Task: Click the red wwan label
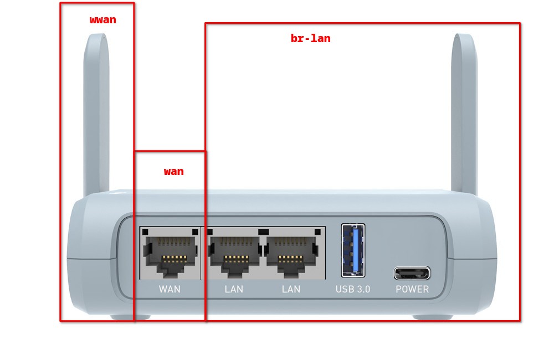click(103, 20)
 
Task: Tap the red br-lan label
click(310, 39)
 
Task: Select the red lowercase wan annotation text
click(173, 172)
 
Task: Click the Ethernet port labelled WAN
click(170, 254)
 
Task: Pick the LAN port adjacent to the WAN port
click(234, 254)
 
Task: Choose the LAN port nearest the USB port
click(292, 254)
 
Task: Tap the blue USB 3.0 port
click(353, 250)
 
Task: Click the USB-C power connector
click(412, 273)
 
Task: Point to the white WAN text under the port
click(170, 289)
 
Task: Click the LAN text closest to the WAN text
click(234, 289)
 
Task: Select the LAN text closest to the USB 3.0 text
click(291, 289)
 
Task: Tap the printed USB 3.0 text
click(353, 289)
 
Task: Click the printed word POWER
click(412, 289)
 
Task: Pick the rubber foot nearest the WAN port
click(130, 317)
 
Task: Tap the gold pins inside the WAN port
click(175, 258)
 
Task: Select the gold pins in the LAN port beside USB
click(290, 258)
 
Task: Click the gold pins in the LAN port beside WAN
click(236, 258)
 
